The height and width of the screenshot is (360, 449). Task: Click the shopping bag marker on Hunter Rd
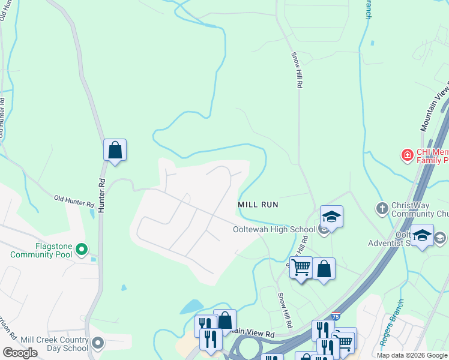point(115,150)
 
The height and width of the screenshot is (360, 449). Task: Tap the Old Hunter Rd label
point(74,201)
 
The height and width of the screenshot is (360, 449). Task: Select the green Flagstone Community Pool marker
point(83,248)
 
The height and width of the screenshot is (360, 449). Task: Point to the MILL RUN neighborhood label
point(258,205)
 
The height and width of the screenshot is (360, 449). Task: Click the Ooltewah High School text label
point(274,229)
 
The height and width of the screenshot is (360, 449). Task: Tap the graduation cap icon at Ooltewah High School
point(331,216)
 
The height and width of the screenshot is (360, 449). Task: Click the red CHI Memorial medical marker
point(407,155)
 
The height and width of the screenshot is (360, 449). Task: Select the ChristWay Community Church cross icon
point(382,208)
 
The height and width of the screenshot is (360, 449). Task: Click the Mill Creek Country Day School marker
point(98,344)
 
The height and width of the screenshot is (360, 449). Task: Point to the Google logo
point(20,353)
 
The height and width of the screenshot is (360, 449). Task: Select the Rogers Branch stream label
point(388,331)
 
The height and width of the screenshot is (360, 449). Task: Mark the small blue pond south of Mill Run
point(191,307)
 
